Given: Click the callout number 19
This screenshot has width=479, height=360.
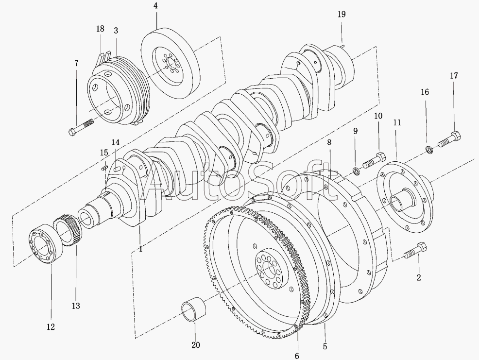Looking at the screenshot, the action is pyautogui.click(x=342, y=14).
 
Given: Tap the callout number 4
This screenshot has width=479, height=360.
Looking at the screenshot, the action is pyautogui.click(x=156, y=6).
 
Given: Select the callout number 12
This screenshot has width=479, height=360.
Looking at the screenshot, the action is pyautogui.click(x=51, y=326).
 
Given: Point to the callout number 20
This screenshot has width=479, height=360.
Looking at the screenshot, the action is pyautogui.click(x=195, y=345).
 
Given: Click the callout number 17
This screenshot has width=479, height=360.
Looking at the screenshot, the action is pyautogui.click(x=454, y=75).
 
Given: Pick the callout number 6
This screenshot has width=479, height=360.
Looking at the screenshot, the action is pyautogui.click(x=297, y=356).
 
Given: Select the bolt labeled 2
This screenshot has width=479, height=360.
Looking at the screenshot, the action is pyautogui.click(x=415, y=249).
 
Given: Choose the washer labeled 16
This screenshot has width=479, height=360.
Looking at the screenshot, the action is pyautogui.click(x=429, y=150).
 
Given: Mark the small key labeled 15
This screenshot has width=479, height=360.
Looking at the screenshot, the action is pyautogui.click(x=104, y=167).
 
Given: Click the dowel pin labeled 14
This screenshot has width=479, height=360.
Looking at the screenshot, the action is pyautogui.click(x=117, y=169).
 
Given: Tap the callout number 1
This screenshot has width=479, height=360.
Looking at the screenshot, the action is pyautogui.click(x=140, y=249).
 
